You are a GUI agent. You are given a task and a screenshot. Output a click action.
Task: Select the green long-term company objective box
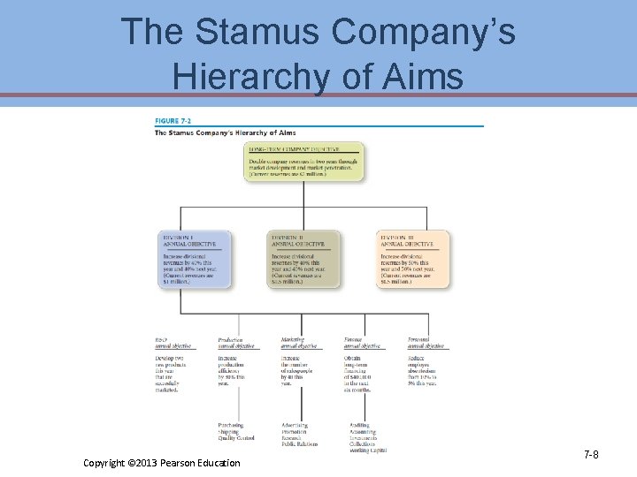pos(303,161)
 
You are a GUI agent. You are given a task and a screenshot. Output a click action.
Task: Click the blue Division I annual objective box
pos(195,259)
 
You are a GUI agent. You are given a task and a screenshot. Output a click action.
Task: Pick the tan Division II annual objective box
pos(303,259)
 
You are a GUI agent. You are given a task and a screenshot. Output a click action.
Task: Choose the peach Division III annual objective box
pos(412,259)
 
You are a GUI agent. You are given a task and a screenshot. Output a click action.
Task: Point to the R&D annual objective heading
pos(173,343)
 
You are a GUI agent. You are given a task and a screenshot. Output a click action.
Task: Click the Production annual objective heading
pos(236,343)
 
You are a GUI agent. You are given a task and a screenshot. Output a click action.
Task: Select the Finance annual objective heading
pos(363,343)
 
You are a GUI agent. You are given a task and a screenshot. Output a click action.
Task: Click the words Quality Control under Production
pos(236,438)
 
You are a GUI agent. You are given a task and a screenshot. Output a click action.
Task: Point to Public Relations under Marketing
pos(300,444)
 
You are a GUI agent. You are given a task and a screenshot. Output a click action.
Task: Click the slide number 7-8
pos(590,454)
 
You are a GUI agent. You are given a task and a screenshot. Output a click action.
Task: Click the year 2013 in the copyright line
pos(142,463)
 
